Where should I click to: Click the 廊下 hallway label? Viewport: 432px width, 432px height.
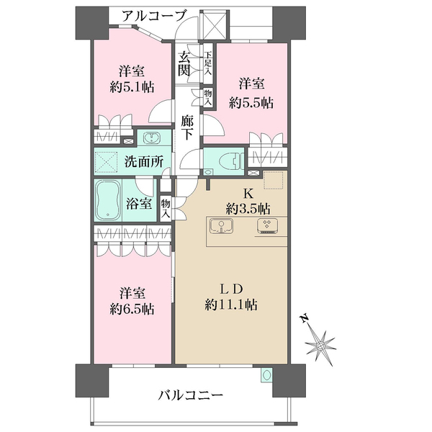pyautogui.click(x=188, y=127)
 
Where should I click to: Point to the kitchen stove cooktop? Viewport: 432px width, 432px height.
pyautogui.click(x=266, y=227)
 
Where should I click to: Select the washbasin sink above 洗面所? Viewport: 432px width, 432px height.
pyautogui.click(x=153, y=138)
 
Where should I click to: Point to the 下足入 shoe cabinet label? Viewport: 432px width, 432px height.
pyautogui.click(x=208, y=63)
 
